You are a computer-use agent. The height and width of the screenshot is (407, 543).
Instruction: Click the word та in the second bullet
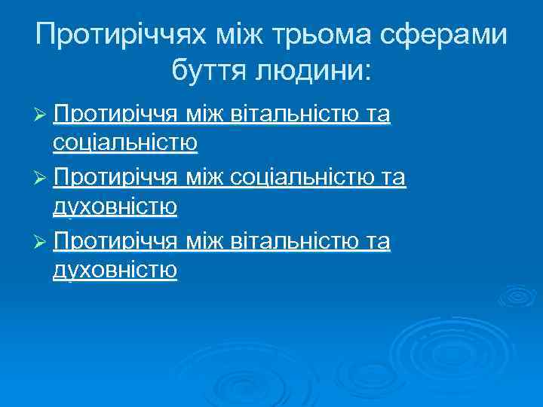[x=394, y=178]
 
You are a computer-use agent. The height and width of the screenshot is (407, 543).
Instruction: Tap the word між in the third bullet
[x=204, y=242]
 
